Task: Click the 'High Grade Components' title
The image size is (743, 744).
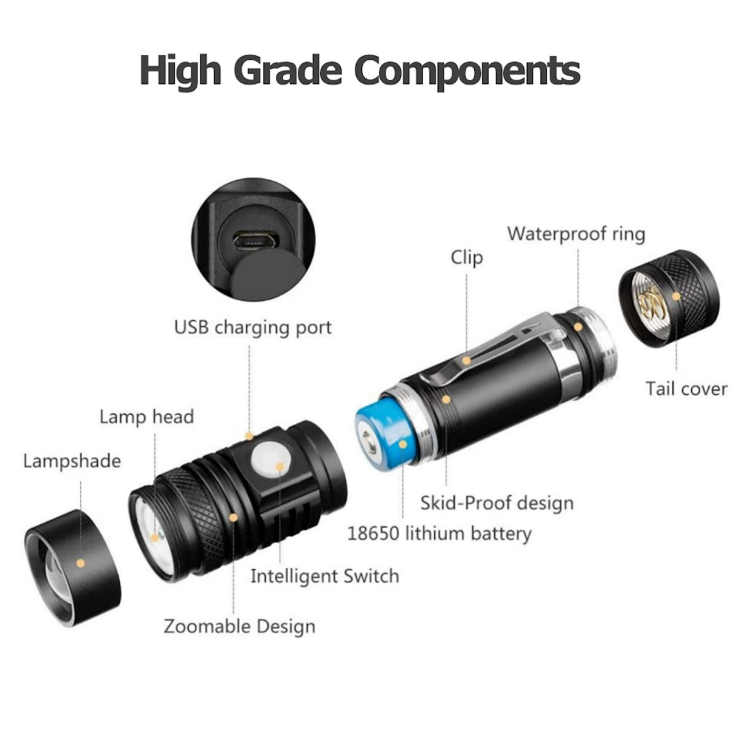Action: tap(359, 71)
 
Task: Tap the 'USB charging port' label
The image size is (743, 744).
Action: tap(252, 327)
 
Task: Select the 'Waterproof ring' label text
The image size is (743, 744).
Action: tap(576, 234)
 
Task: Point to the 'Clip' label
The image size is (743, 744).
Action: tap(466, 257)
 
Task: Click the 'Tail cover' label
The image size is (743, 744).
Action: tap(686, 389)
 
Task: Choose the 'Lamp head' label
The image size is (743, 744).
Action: tap(146, 417)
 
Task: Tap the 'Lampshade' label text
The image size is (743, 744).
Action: tap(72, 461)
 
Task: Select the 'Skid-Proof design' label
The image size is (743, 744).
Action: tap(497, 503)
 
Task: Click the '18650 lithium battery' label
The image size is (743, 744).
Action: tap(439, 533)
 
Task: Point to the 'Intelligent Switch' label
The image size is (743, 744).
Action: tap(325, 576)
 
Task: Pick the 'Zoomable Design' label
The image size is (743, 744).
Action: tap(239, 626)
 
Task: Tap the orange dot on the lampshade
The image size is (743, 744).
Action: tap(81, 563)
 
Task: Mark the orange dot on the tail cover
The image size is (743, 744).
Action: tap(676, 296)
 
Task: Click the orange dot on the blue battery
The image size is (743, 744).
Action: tap(403, 444)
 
